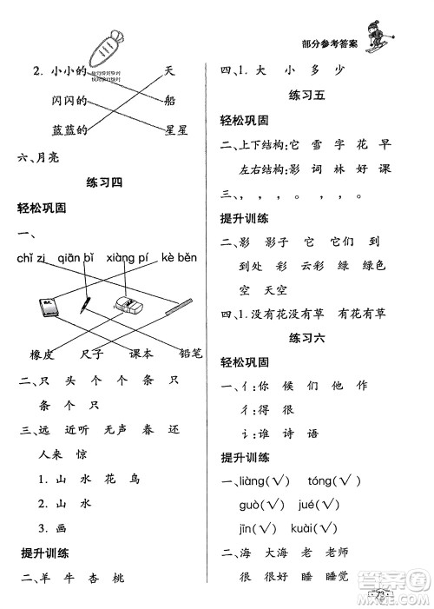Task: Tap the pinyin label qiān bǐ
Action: click(x=76, y=259)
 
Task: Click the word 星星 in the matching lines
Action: click(x=176, y=129)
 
